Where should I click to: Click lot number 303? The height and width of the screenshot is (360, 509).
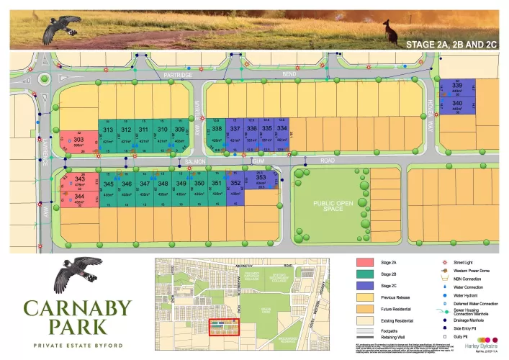78,139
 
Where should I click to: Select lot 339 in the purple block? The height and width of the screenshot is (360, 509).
457,86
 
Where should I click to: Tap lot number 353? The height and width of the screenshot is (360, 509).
261,177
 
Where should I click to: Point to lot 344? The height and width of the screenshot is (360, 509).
79,197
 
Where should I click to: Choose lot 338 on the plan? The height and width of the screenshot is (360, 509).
216,130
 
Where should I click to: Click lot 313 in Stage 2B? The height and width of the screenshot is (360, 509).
109,130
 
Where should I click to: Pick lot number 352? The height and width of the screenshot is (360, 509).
235,183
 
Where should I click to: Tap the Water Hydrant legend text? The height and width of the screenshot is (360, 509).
467,295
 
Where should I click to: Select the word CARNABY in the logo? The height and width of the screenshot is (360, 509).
78,309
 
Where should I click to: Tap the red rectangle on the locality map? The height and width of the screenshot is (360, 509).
224,327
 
